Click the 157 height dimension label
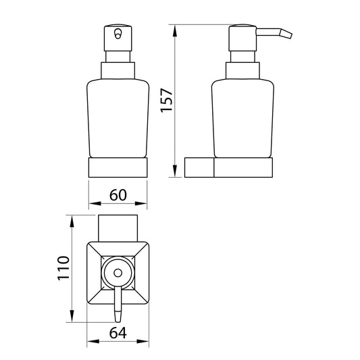pyautogui.click(x=166, y=101)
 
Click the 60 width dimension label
pyautogui.click(x=118, y=195)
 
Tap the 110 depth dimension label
pyautogui.click(x=63, y=268)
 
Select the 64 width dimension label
pyautogui.click(x=118, y=333)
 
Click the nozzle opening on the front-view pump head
pyautogui.click(x=118, y=34)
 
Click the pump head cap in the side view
pyautogui.click(x=242, y=38)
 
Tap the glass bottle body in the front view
pyautogui.click(x=118, y=118)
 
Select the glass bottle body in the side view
pyautogui.click(x=242, y=118)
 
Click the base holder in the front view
pyautogui.click(x=118, y=168)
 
